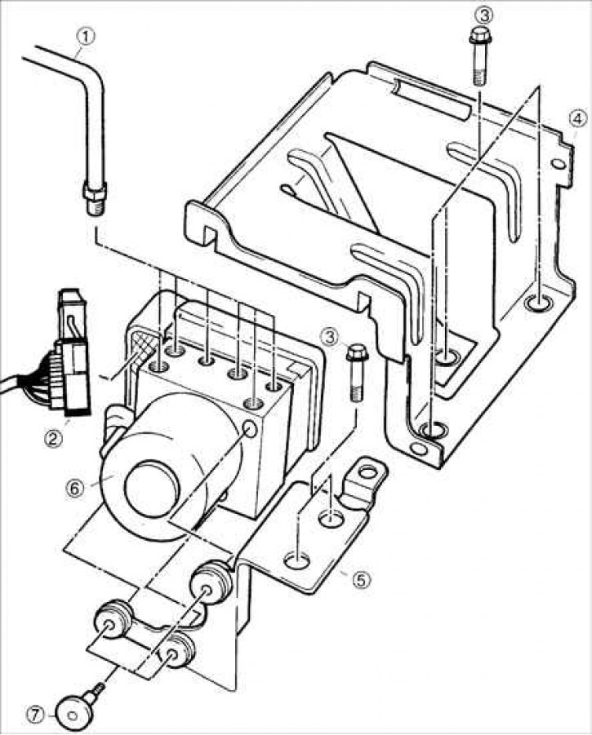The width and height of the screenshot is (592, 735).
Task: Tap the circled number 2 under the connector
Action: [53, 439]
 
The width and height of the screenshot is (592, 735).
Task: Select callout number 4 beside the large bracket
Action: [578, 119]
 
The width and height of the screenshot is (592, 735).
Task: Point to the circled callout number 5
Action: [361, 580]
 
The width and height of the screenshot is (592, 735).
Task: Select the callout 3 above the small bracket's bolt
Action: [329, 336]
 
